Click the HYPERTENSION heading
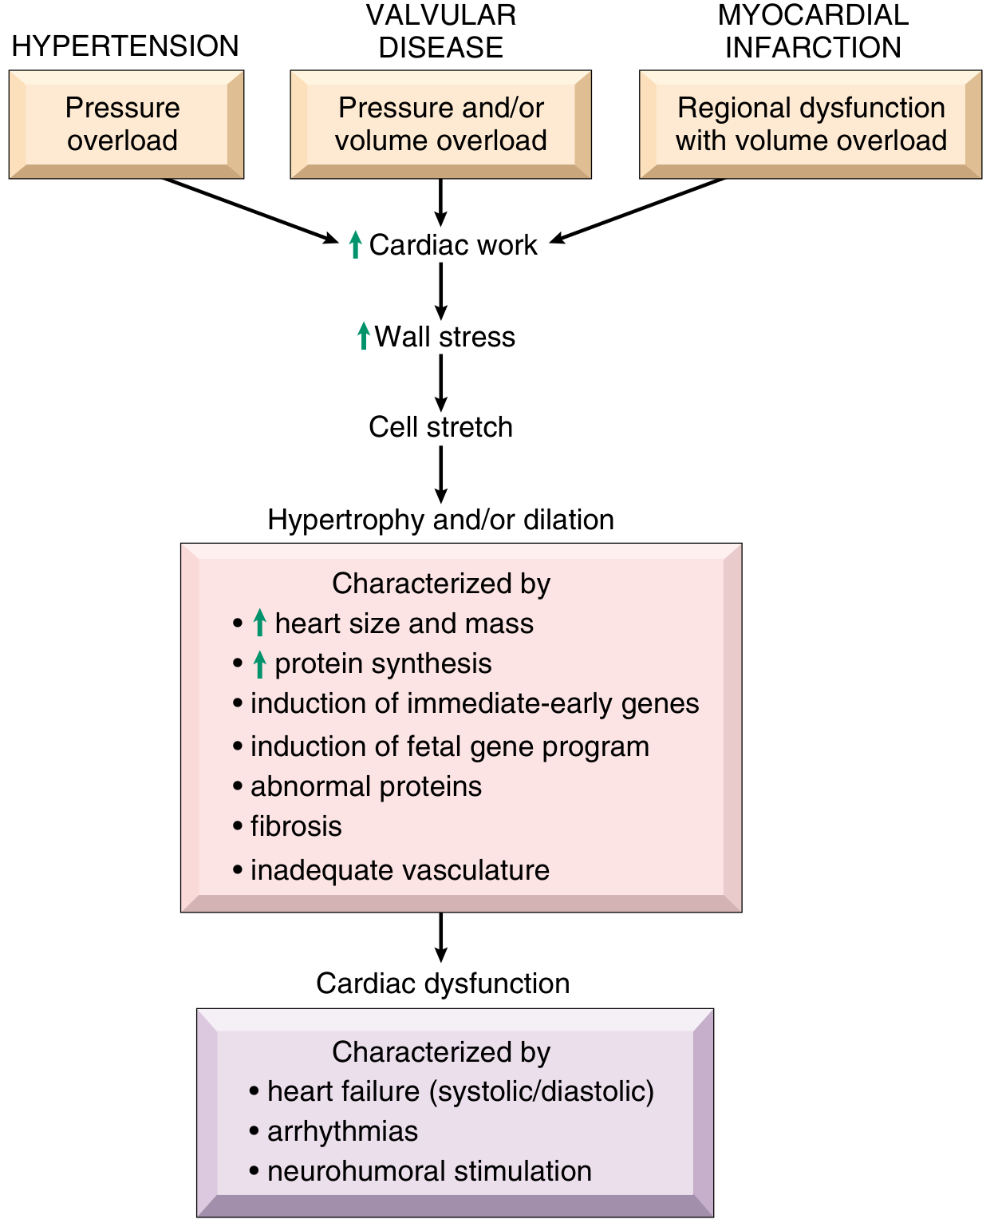pyautogui.click(x=124, y=46)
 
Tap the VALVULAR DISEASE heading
pyautogui.click(x=440, y=31)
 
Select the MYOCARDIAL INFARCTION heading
pyautogui.click(x=813, y=31)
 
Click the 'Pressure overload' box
pyautogui.click(x=127, y=125)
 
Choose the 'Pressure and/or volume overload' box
pyautogui.click(x=440, y=125)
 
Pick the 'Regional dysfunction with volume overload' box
pyautogui.click(x=811, y=125)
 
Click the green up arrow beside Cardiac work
pyautogui.click(x=356, y=244)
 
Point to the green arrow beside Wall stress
pyautogui.click(x=363, y=336)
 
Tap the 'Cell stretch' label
pyautogui.click(x=440, y=428)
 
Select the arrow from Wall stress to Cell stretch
pyautogui.click(x=440, y=382)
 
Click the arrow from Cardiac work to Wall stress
pyautogui.click(x=440, y=291)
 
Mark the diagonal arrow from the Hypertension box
pyautogui.click(x=250, y=211)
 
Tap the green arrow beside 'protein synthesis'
pyautogui.click(x=260, y=664)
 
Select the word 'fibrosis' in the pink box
pyautogui.click(x=296, y=826)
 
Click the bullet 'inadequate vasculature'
pyautogui.click(x=391, y=870)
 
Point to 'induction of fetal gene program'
pyautogui.click(x=441, y=746)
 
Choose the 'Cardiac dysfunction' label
pyautogui.click(x=443, y=984)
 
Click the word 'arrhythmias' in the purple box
pyautogui.click(x=342, y=1131)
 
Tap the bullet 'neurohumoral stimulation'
pyautogui.click(x=420, y=1171)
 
